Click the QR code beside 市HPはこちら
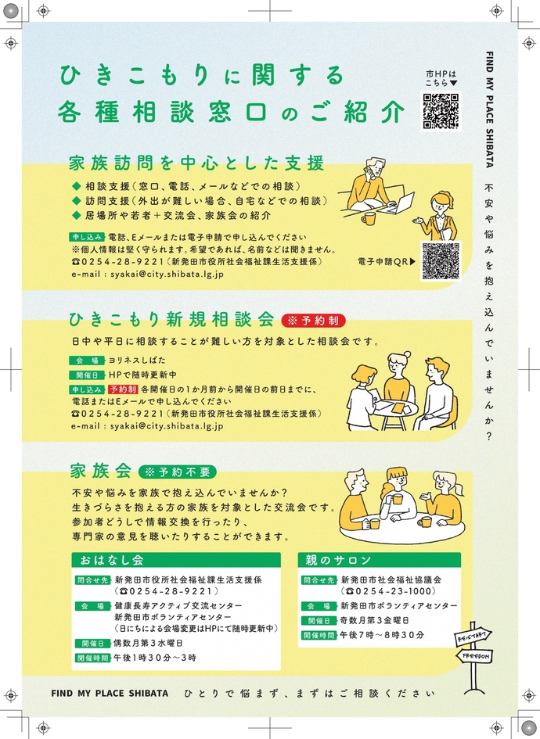[441, 111]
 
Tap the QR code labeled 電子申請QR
[441, 261]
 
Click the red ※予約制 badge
[314, 321]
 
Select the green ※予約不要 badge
[178, 472]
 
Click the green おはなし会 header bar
[176, 560]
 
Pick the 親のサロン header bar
[380, 560]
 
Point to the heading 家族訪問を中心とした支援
[196, 163]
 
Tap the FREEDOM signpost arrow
[474, 656]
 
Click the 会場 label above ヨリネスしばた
[87, 361]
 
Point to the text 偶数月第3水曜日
[148, 644]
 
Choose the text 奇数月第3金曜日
[374, 621]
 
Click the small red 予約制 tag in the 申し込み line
[123, 389]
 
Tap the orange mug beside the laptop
[369, 218]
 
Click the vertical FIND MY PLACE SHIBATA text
[489, 109]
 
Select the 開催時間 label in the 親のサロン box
[319, 635]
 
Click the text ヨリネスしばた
[137, 361]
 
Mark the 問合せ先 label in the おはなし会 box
[92, 580]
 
